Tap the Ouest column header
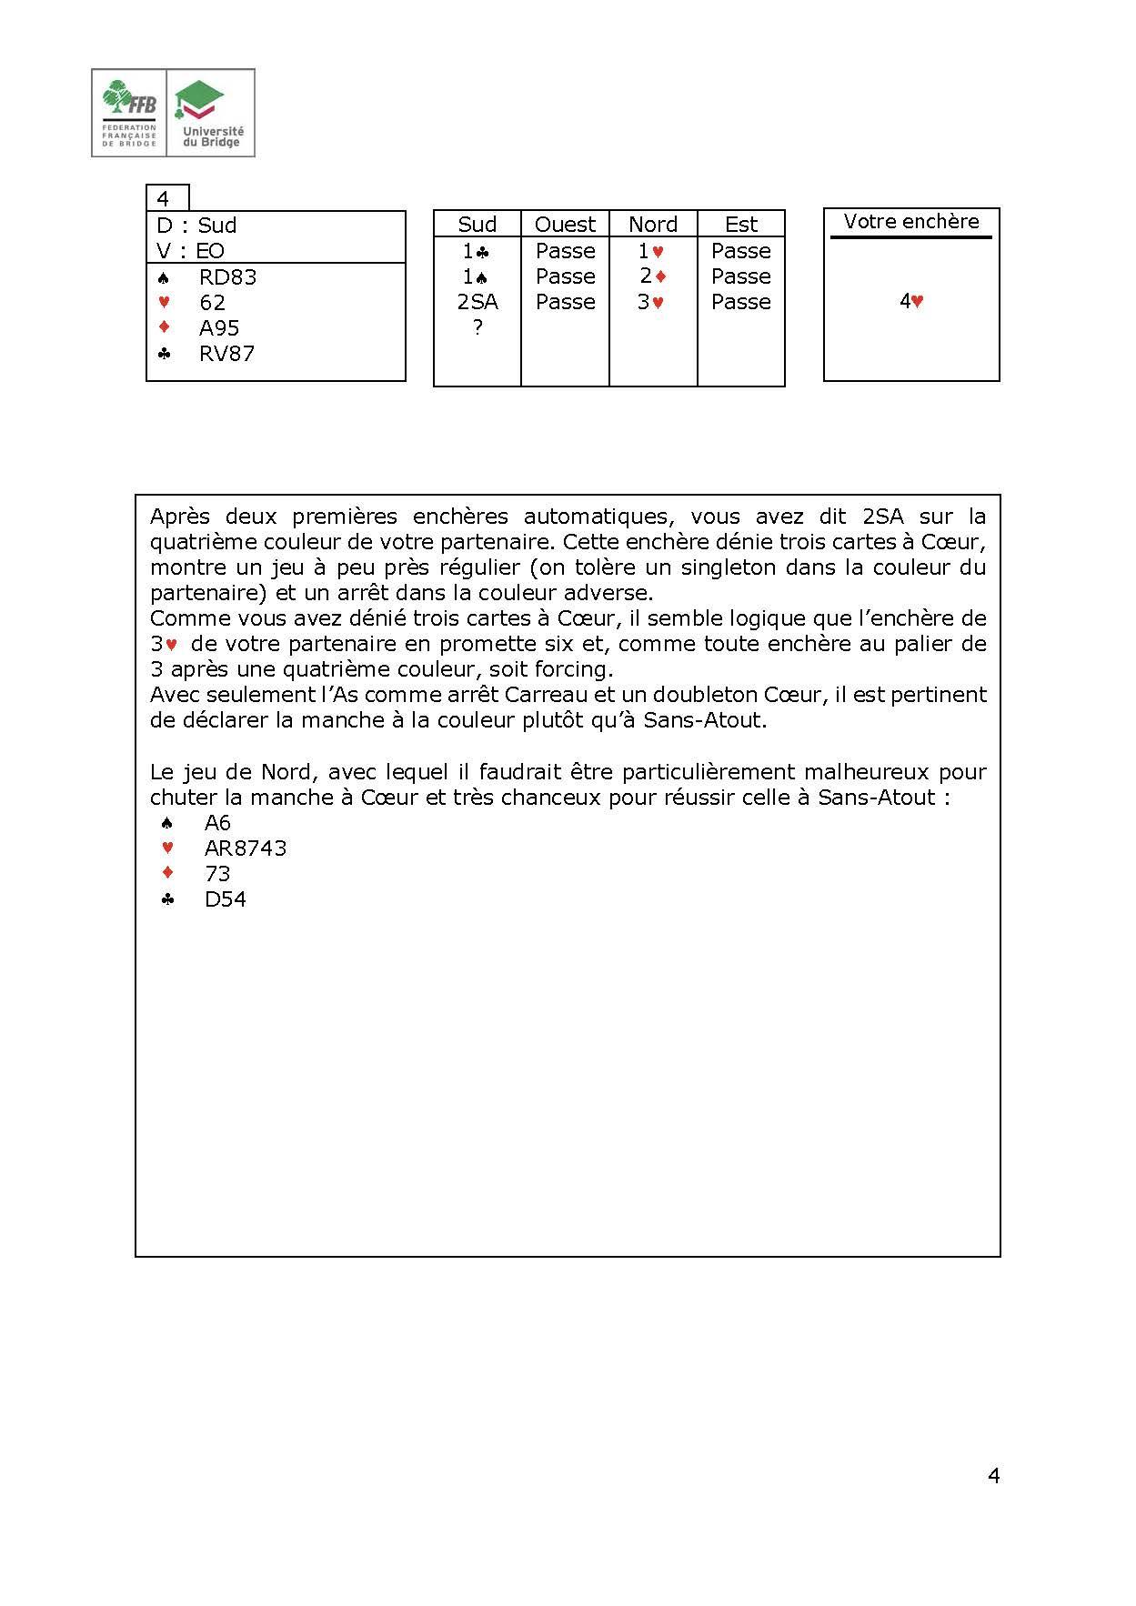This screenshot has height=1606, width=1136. (565, 225)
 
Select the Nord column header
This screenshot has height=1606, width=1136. (653, 225)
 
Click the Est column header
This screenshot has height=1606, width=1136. (741, 225)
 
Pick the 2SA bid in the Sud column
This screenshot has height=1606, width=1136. (477, 302)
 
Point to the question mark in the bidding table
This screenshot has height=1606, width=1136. (477, 327)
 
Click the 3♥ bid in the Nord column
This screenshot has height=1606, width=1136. (651, 302)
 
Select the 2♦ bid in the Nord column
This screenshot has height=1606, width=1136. (653, 276)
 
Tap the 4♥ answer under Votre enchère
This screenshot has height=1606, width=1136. (911, 302)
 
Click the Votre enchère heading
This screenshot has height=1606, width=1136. (911, 222)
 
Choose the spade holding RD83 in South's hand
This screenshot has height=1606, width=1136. (227, 277)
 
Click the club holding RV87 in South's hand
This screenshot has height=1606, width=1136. (226, 354)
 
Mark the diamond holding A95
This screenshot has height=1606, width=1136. (219, 328)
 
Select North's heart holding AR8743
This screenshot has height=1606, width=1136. (246, 848)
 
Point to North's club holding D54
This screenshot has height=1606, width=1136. (226, 899)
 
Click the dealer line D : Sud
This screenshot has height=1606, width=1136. (196, 226)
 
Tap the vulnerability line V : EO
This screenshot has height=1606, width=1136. (190, 251)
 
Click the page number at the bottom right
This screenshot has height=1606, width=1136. (993, 1476)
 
